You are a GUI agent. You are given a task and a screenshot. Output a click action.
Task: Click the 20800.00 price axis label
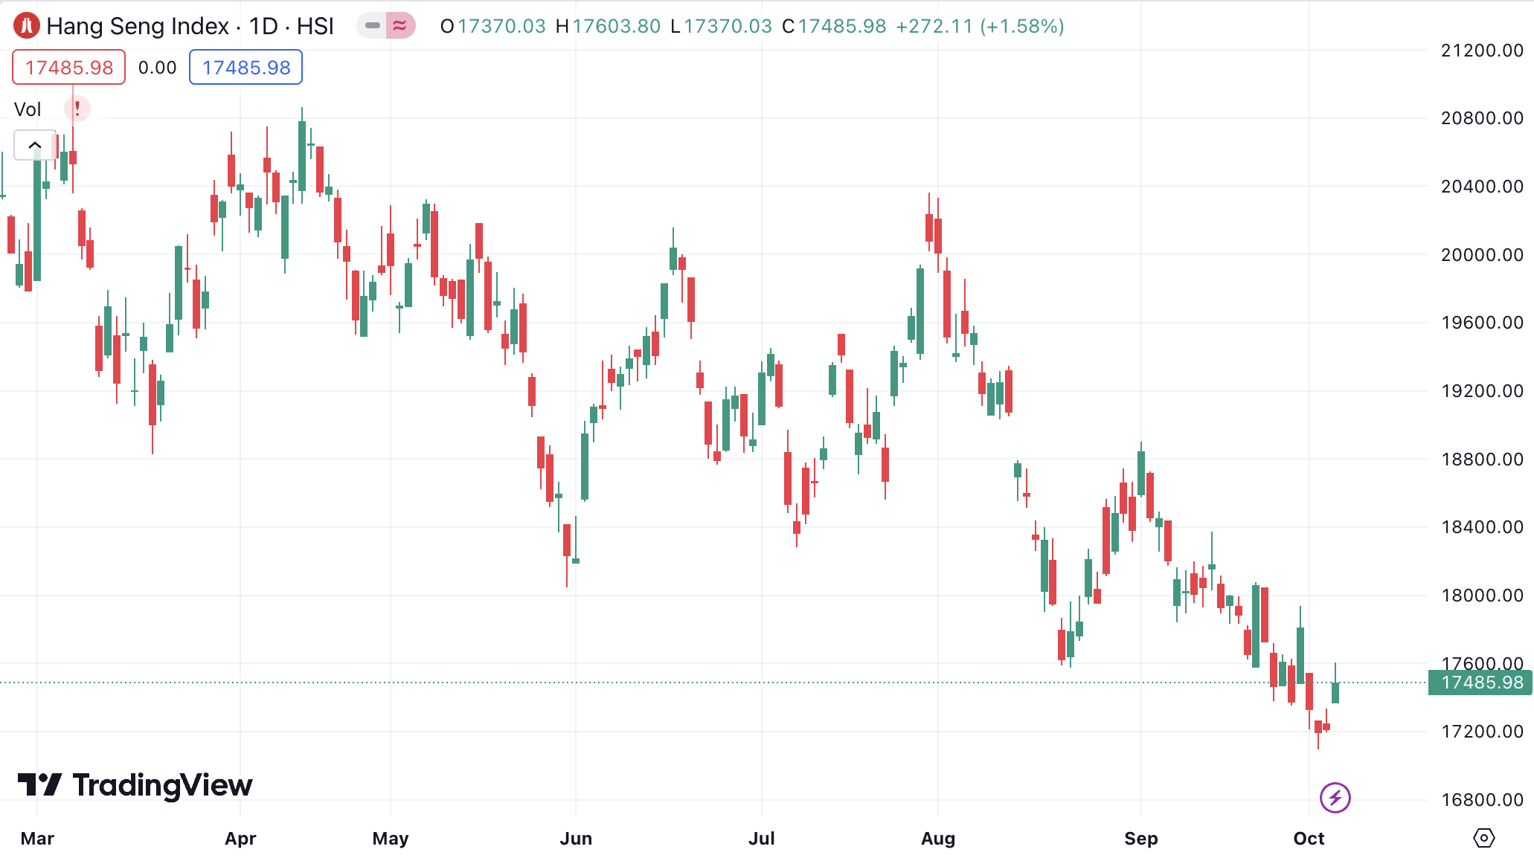coord(1481,118)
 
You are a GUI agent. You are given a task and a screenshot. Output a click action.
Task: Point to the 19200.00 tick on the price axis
coord(1481,391)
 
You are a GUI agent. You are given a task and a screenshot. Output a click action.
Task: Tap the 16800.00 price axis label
coord(1481,800)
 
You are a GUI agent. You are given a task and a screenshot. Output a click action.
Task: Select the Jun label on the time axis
coord(576,839)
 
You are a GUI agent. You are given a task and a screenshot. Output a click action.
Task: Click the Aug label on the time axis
coord(937,839)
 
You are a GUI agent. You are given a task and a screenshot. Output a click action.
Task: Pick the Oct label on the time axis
coord(1309,839)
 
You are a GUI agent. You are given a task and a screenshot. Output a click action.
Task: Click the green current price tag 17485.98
coord(1481,683)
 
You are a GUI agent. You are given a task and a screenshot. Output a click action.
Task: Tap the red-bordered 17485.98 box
coord(69,68)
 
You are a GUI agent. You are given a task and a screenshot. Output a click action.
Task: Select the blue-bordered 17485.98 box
coord(245,68)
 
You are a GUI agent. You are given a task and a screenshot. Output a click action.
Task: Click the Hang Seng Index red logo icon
coord(27,26)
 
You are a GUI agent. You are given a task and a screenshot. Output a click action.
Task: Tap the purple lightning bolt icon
coord(1335,798)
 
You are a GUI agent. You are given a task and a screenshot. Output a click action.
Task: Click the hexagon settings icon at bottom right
coord(1483,838)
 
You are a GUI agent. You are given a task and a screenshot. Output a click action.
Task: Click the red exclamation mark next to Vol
coord(77,109)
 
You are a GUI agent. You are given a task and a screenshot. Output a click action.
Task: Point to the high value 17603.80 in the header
coord(616,27)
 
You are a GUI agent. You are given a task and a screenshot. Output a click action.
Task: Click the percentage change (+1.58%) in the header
coord(1022,27)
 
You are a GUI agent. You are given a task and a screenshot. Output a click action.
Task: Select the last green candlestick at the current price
coord(1335,692)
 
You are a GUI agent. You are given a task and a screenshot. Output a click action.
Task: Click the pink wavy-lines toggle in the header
coord(400,26)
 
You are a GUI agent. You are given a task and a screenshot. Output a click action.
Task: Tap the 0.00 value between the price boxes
coord(157,68)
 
